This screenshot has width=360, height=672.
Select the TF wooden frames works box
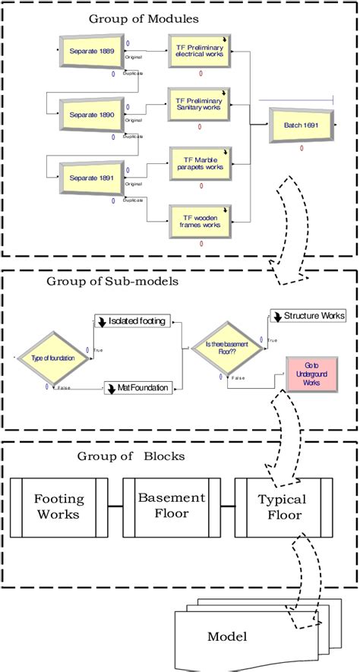(200, 219)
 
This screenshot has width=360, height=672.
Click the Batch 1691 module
(302, 125)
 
